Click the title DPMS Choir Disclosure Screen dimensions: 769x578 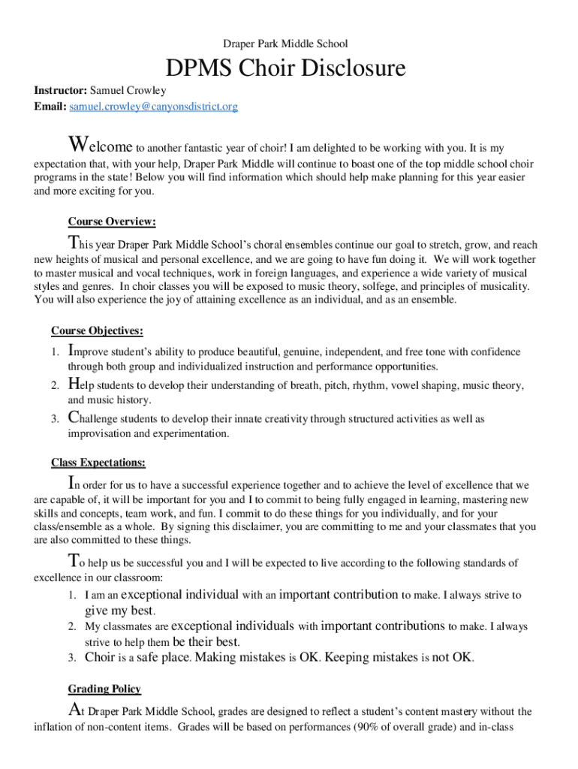[285, 69]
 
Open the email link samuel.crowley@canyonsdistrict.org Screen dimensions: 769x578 [153, 107]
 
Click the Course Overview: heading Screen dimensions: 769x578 [112, 222]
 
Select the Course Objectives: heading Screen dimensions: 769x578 [97, 330]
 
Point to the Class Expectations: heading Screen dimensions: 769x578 [98, 462]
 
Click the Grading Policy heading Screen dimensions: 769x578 [104, 689]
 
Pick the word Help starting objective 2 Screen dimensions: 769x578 [83, 385]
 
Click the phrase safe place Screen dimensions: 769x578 [164, 658]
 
